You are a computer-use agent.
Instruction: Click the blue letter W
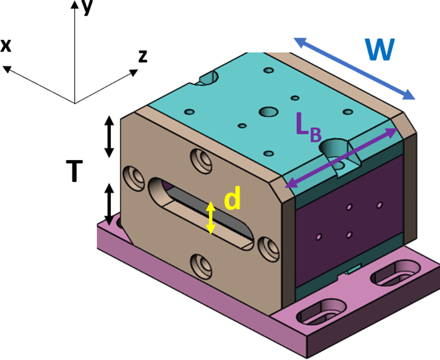379,49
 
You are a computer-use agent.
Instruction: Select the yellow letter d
232,200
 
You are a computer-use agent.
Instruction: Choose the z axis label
143,56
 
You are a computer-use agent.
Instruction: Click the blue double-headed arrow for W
354,68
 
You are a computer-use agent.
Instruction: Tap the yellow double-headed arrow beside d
210,218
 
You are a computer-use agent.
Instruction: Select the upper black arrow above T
109,137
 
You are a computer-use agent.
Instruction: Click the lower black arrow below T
109,203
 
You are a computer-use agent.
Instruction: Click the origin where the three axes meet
75,103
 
